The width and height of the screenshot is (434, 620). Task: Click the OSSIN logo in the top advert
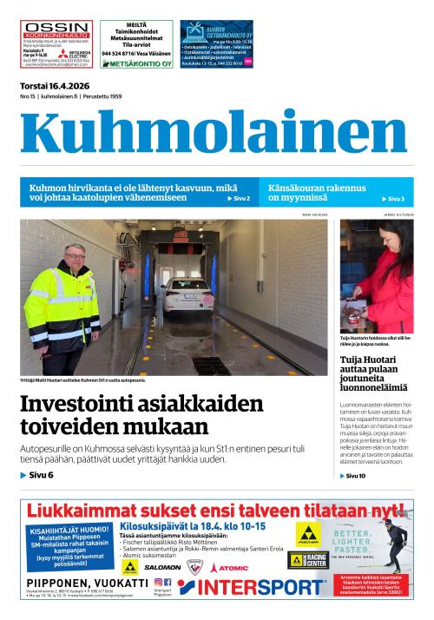coord(56,29)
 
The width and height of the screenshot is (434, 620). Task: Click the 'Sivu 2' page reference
coord(239,199)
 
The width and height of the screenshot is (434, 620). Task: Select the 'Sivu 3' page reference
coord(395,199)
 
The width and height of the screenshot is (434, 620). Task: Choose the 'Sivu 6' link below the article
coord(37,475)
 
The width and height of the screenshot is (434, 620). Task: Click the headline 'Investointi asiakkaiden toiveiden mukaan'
coord(141,415)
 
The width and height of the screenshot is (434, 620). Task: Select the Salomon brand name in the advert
coord(162,567)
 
